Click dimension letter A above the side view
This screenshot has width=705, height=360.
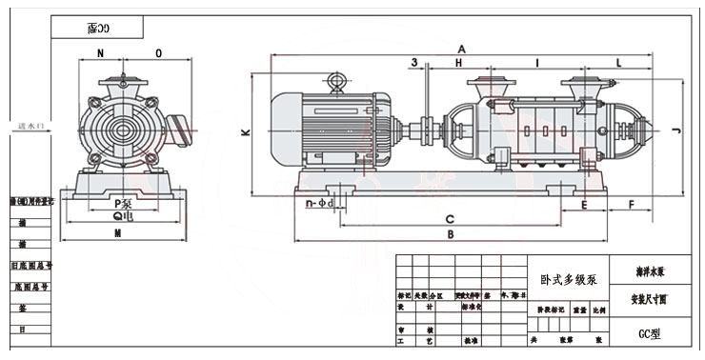click(x=461, y=48)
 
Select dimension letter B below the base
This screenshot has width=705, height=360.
click(x=452, y=233)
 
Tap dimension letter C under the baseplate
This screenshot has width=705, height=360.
click(x=449, y=219)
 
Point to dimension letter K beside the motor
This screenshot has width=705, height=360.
click(x=245, y=133)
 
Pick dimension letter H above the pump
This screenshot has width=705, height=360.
click(x=458, y=62)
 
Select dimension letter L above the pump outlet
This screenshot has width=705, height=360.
click(x=619, y=62)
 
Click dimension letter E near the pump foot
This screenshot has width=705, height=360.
click(x=584, y=205)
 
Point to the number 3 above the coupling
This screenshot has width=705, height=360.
click(x=414, y=62)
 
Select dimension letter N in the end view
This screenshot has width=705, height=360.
click(x=100, y=53)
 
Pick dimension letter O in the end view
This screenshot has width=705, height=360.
click(x=158, y=53)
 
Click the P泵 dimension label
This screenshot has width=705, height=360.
click(x=121, y=203)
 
